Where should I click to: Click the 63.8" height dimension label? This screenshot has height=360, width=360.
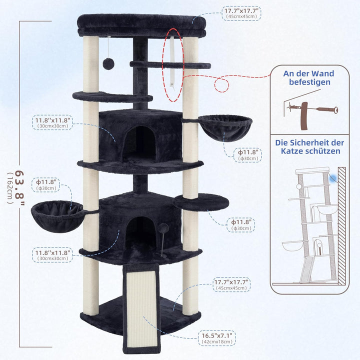click(x=19, y=187)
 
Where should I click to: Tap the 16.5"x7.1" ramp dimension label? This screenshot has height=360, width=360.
click(x=217, y=335)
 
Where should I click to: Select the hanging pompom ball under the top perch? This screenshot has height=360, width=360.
click(x=107, y=64)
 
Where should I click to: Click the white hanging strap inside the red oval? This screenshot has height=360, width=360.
click(x=172, y=61)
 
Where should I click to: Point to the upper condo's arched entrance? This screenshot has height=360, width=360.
click(x=140, y=143)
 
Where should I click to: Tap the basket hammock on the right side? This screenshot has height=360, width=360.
click(x=225, y=128)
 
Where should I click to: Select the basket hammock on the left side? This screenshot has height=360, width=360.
click(x=58, y=216)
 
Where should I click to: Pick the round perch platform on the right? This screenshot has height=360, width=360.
click(x=201, y=201)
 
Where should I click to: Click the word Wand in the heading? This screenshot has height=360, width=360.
click(x=322, y=73)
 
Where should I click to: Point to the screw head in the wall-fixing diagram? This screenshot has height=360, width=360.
click(x=335, y=110)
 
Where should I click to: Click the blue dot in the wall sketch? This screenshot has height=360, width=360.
click(x=332, y=178)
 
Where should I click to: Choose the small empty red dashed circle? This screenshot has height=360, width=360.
click(x=221, y=85)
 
